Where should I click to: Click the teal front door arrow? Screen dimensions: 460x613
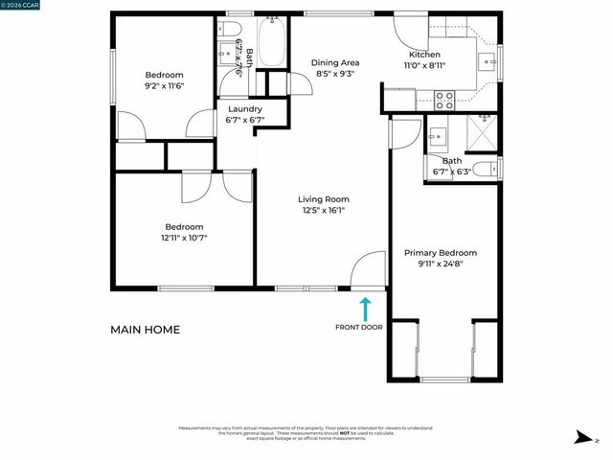(x=365, y=309)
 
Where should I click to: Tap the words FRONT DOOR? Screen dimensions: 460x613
(x=359, y=328)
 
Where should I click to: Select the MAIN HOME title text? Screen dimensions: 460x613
(x=145, y=330)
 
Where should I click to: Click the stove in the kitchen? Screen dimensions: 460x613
(x=445, y=99)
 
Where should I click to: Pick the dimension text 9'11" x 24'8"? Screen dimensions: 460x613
(x=440, y=264)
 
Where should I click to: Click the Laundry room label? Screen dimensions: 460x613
(x=244, y=109)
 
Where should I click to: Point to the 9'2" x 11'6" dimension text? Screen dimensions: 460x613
(x=164, y=86)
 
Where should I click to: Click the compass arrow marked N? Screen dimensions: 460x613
(x=582, y=439)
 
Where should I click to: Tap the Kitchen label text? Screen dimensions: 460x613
(x=425, y=56)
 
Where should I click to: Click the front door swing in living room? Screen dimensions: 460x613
(x=366, y=271)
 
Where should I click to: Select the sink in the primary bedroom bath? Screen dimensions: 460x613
(x=440, y=134)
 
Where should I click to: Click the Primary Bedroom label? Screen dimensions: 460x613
(x=440, y=253)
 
